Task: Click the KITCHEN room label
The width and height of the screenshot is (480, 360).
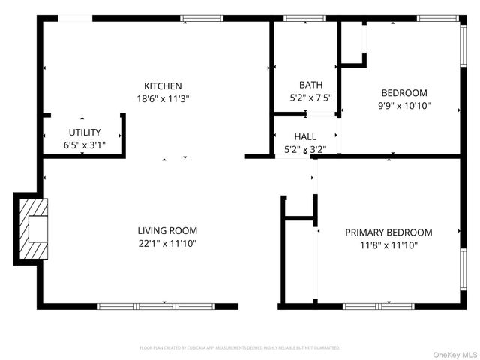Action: point(163,86)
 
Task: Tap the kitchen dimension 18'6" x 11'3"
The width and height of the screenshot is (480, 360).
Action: point(163,99)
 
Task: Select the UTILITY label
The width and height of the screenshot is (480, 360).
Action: point(84,133)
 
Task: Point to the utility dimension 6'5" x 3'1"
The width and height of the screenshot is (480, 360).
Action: point(84,145)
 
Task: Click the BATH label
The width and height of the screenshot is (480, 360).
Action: point(310,85)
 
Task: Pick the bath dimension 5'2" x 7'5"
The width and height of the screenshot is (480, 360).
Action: point(310,97)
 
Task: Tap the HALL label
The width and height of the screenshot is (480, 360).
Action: point(305,137)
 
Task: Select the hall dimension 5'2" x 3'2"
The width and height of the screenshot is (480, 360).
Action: point(305,149)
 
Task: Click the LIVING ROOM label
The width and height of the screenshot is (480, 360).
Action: point(167,231)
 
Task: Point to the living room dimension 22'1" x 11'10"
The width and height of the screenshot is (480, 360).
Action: point(167,244)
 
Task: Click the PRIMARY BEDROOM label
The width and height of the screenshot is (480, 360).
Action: point(388,232)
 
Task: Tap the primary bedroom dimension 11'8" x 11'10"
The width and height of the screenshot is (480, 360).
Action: point(388,245)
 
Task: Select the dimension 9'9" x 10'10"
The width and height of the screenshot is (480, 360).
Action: point(403,106)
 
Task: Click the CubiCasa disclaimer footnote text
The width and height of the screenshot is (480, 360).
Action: point(240,348)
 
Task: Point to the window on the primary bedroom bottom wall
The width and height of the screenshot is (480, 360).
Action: point(379,306)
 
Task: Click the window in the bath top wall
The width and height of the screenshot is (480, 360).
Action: point(304,18)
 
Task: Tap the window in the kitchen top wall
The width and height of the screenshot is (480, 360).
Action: point(202,18)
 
